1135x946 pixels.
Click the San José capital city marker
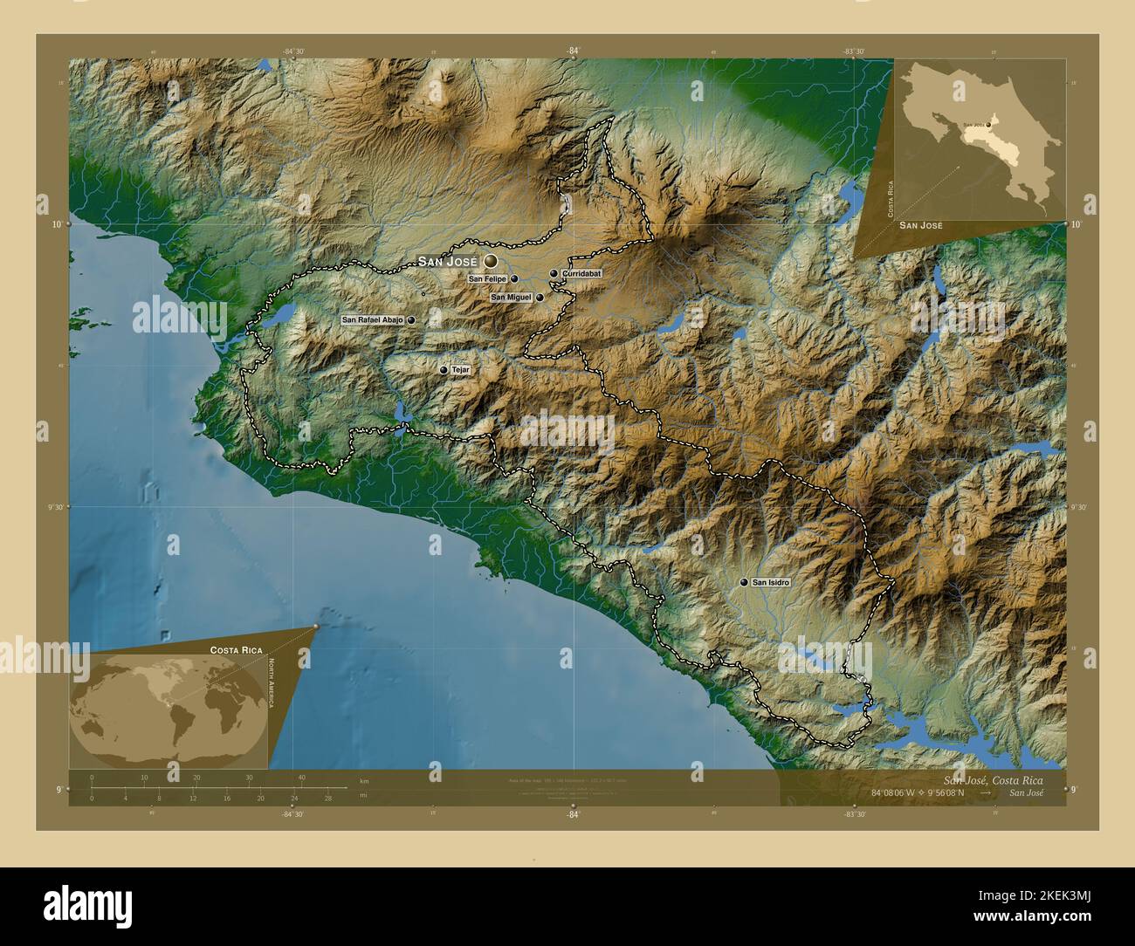point(491,261)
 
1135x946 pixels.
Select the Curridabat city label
point(581,274)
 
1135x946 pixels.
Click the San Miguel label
point(511,298)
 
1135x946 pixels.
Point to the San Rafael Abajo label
point(372,320)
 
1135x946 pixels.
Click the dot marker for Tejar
point(444,370)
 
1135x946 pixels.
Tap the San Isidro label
point(771,582)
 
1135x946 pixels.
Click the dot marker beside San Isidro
point(744,582)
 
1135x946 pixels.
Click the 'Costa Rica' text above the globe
point(236,651)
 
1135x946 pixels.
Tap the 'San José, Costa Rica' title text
point(992,779)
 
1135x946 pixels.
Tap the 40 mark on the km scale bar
point(301,777)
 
